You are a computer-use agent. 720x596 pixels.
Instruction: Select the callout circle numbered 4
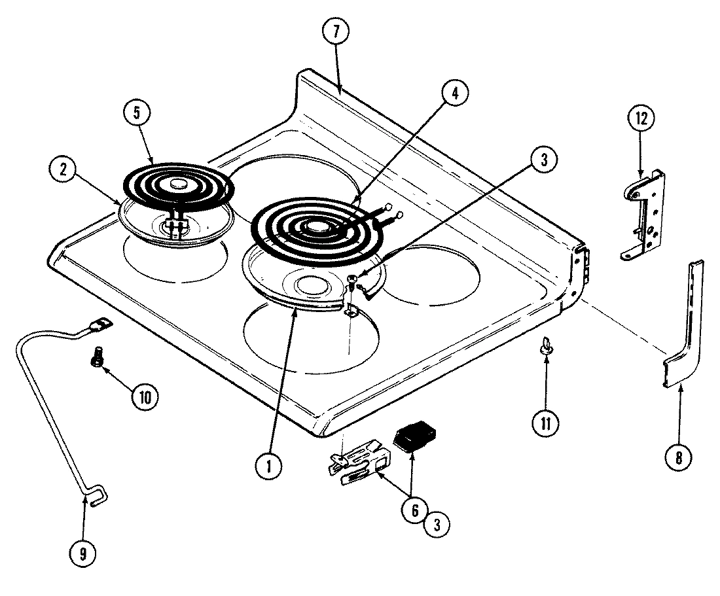tap(454, 93)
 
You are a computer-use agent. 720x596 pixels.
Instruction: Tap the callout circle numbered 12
tap(640, 119)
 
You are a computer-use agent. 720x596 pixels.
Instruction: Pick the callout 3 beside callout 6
tap(437, 523)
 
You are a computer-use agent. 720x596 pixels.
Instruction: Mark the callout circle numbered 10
tap(145, 396)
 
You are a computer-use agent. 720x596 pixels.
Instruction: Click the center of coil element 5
tap(175, 185)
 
